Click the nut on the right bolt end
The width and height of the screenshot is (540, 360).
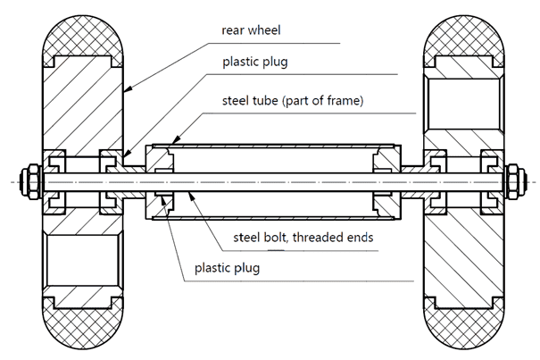coord(516,178)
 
